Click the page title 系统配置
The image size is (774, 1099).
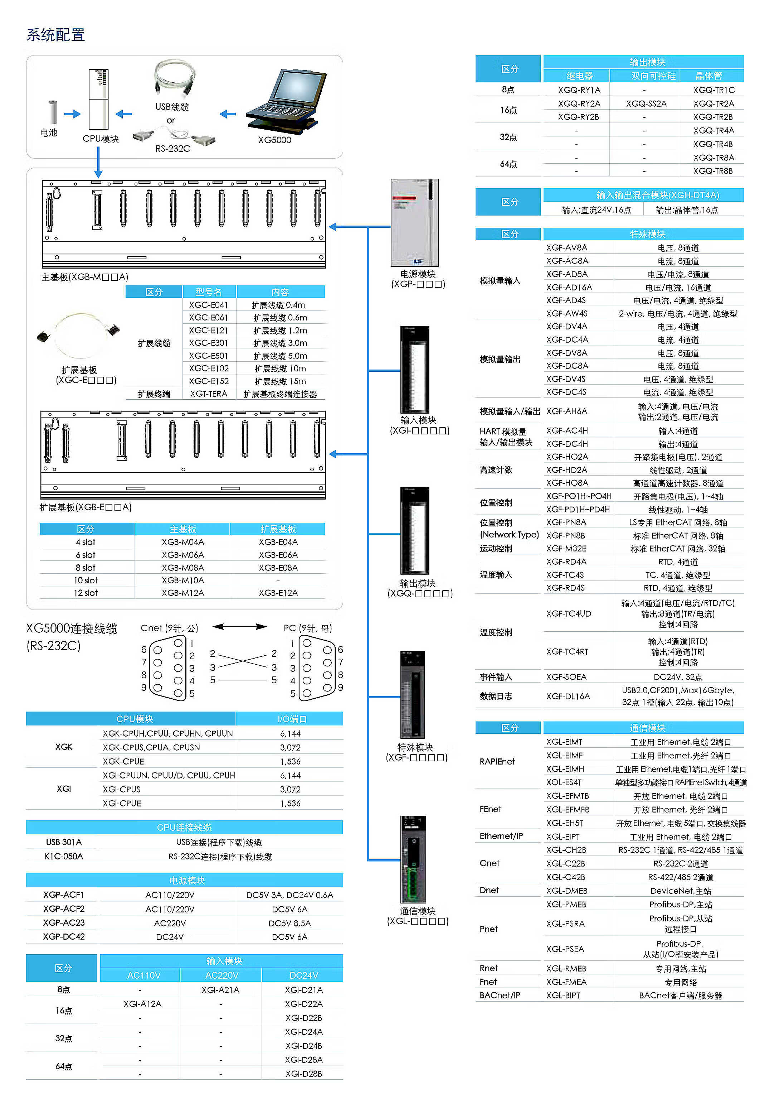coord(55,35)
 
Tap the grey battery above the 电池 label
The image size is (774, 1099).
coord(52,112)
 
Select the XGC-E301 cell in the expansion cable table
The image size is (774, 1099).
coord(209,343)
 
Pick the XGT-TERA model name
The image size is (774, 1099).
coord(209,394)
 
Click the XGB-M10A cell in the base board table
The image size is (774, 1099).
coord(183,580)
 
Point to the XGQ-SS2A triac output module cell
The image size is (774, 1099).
coord(646,103)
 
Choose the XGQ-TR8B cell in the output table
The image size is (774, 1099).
coord(713,171)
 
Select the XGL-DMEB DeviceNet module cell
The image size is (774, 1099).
coord(567,891)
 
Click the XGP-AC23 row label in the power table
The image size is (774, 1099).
coord(64,923)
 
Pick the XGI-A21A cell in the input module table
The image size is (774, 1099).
coord(220,990)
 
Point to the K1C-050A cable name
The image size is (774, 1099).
coord(64,856)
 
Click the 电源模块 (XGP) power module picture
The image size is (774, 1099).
coord(414,223)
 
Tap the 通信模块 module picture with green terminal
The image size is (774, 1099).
coord(413,859)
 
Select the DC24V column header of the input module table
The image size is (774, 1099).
coord(303,975)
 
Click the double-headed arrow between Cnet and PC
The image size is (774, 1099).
coord(240,627)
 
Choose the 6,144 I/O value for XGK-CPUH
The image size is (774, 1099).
coord(290,733)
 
